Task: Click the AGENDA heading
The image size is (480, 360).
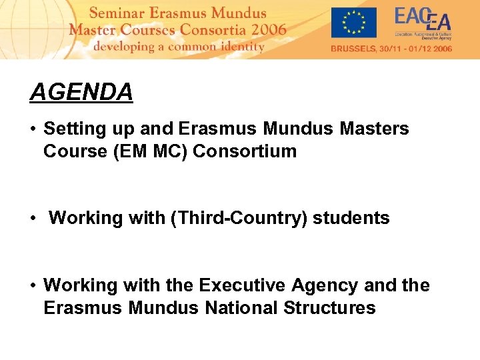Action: click(81, 92)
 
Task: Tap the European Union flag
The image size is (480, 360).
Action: click(353, 23)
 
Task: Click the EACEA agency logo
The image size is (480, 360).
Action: click(423, 23)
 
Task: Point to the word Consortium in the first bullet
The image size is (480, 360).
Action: click(245, 151)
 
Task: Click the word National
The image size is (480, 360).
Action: click(242, 308)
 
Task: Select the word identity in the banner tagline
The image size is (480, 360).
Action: click(240, 47)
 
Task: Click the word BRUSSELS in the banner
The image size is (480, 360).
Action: click(355, 49)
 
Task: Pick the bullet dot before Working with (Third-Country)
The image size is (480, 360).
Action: click(33, 219)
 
